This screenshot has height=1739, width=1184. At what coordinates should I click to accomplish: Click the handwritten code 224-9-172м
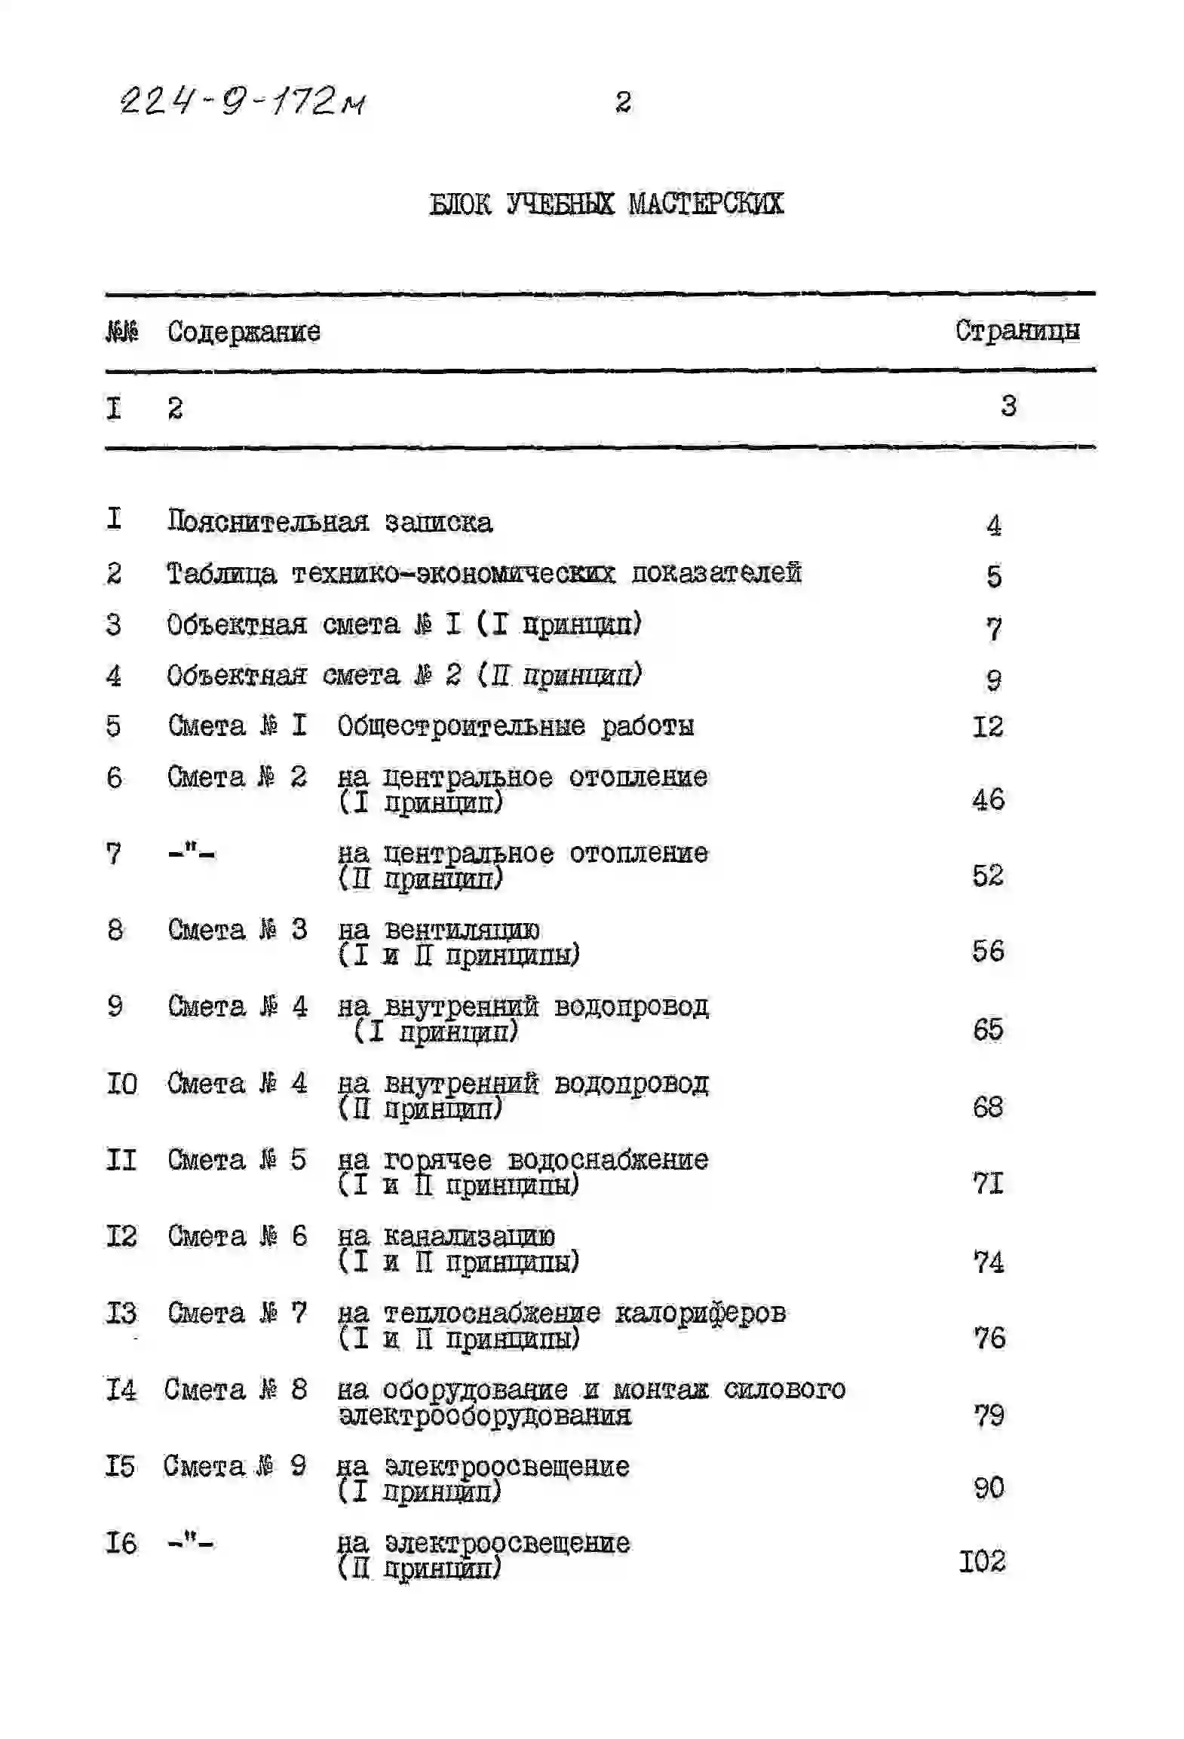tap(243, 100)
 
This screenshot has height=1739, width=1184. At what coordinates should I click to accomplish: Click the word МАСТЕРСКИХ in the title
tap(706, 204)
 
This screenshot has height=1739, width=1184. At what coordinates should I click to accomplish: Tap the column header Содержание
tap(244, 332)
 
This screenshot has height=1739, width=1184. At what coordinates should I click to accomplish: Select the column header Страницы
tap(1017, 330)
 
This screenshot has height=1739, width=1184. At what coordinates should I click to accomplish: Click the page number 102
tap(982, 1561)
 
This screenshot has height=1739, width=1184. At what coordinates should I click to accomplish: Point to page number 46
tap(988, 799)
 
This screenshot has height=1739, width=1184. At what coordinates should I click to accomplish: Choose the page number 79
tap(989, 1415)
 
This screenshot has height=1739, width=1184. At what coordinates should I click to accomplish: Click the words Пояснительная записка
tap(330, 522)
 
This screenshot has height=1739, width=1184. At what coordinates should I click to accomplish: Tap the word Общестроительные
tap(461, 726)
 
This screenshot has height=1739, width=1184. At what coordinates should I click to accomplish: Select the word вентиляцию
tap(462, 930)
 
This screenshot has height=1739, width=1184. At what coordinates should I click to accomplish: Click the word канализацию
tap(468, 1236)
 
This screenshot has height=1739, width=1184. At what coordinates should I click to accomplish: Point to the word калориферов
tap(701, 1313)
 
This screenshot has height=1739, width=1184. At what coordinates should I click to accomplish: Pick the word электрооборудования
tap(484, 1415)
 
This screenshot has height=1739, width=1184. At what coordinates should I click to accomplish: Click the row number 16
tap(121, 1543)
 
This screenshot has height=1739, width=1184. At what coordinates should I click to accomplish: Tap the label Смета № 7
tap(237, 1313)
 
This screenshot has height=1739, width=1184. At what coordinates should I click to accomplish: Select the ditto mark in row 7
tap(191, 854)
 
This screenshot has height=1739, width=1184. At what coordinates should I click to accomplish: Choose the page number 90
tap(989, 1488)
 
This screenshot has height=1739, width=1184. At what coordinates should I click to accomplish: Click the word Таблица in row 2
tap(221, 574)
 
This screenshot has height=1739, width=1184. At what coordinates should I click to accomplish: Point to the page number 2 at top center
tap(623, 102)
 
